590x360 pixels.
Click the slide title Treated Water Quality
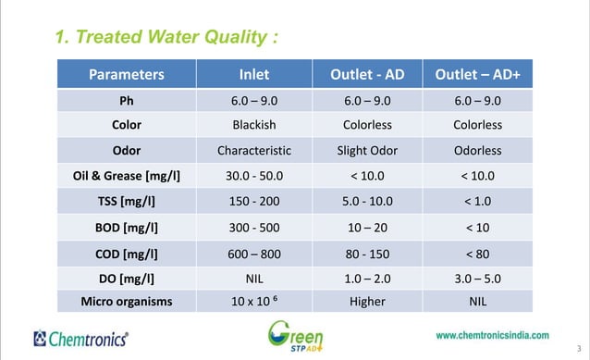pos(166,38)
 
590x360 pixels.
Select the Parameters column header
pos(127,74)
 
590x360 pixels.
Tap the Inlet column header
pos(253,74)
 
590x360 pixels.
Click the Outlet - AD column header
pos(368,74)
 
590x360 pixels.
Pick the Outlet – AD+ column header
pos(477,74)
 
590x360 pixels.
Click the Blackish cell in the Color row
pos(253,125)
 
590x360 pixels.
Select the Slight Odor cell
pos(368,150)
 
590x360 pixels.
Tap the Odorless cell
pos(477,150)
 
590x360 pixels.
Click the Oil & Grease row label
pos(127,175)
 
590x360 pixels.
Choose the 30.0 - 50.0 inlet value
pos(253,175)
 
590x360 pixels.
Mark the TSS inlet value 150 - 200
pos(253,200)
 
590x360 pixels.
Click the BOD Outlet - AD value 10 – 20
pos(368,225)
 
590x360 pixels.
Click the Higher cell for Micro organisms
pos(368,300)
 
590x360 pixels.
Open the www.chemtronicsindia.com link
pos(492,335)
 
